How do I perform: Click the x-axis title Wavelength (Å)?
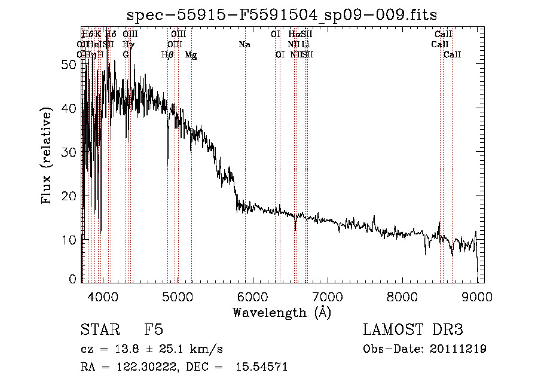click(282, 312)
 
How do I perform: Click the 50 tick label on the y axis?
click(69, 65)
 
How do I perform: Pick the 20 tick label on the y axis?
click(69, 195)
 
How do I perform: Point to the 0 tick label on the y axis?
click(73, 279)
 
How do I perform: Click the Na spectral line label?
click(244, 44)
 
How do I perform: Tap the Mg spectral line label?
click(191, 55)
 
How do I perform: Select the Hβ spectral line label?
click(168, 55)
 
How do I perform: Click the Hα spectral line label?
click(294, 34)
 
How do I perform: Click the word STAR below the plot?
click(102, 330)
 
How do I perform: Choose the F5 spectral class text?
click(154, 330)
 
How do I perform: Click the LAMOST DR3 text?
click(413, 330)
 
